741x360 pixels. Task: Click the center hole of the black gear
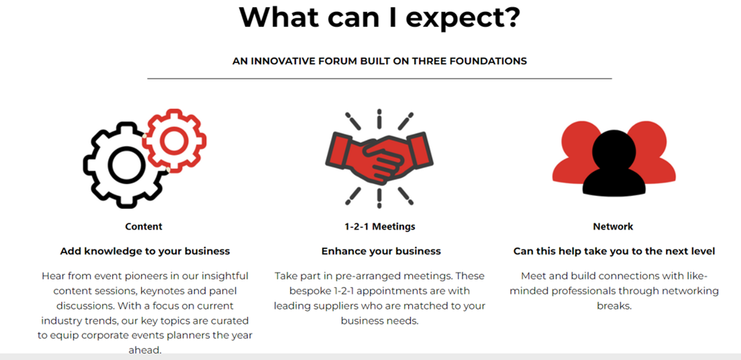point(126,165)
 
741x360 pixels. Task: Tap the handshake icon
point(379,159)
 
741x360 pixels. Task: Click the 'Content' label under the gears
point(144,226)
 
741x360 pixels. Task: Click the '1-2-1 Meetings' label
point(380,226)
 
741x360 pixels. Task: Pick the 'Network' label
point(613,226)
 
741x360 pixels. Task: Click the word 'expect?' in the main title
point(462,18)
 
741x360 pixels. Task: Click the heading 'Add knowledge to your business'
point(145,251)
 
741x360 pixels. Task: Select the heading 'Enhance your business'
point(381,251)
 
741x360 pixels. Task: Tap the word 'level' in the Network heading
point(703,251)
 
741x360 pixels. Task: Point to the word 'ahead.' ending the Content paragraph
point(145,351)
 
